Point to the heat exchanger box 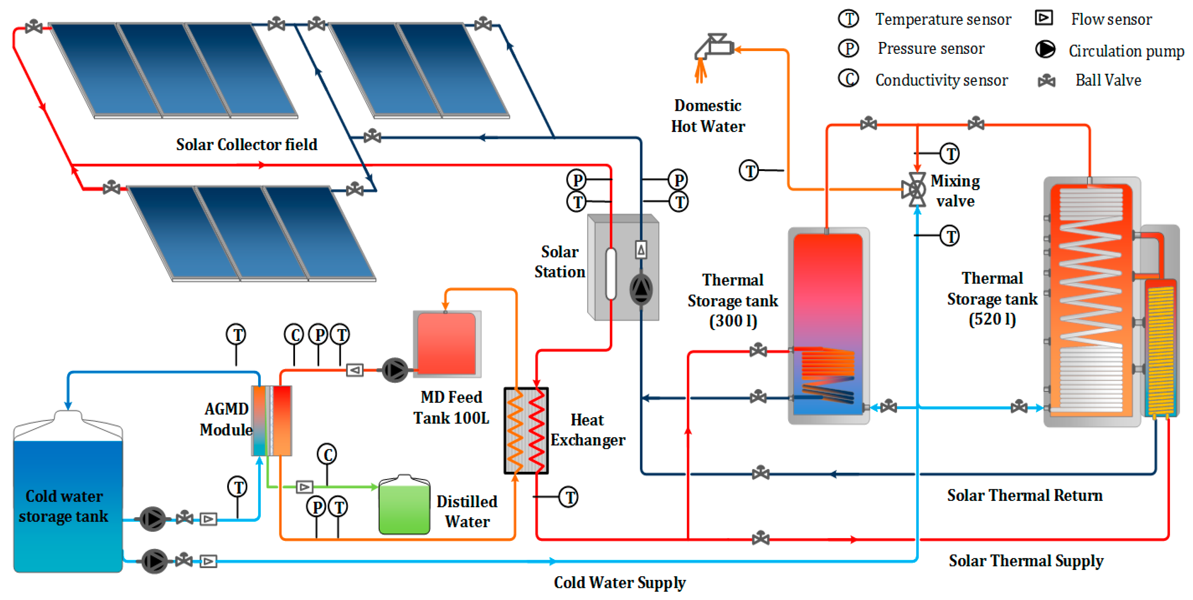pos(526,431)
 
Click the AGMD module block pos(272,420)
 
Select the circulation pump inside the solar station pos(641,289)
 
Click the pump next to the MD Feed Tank pos(395,370)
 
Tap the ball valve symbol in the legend pos(1046,81)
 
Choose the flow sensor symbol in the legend pos(1044,18)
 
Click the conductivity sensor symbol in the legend pos(849,78)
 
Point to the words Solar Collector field pos(246,144)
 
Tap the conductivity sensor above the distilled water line pos(327,454)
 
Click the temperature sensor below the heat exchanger pos(568,497)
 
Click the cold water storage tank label pos(64,506)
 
